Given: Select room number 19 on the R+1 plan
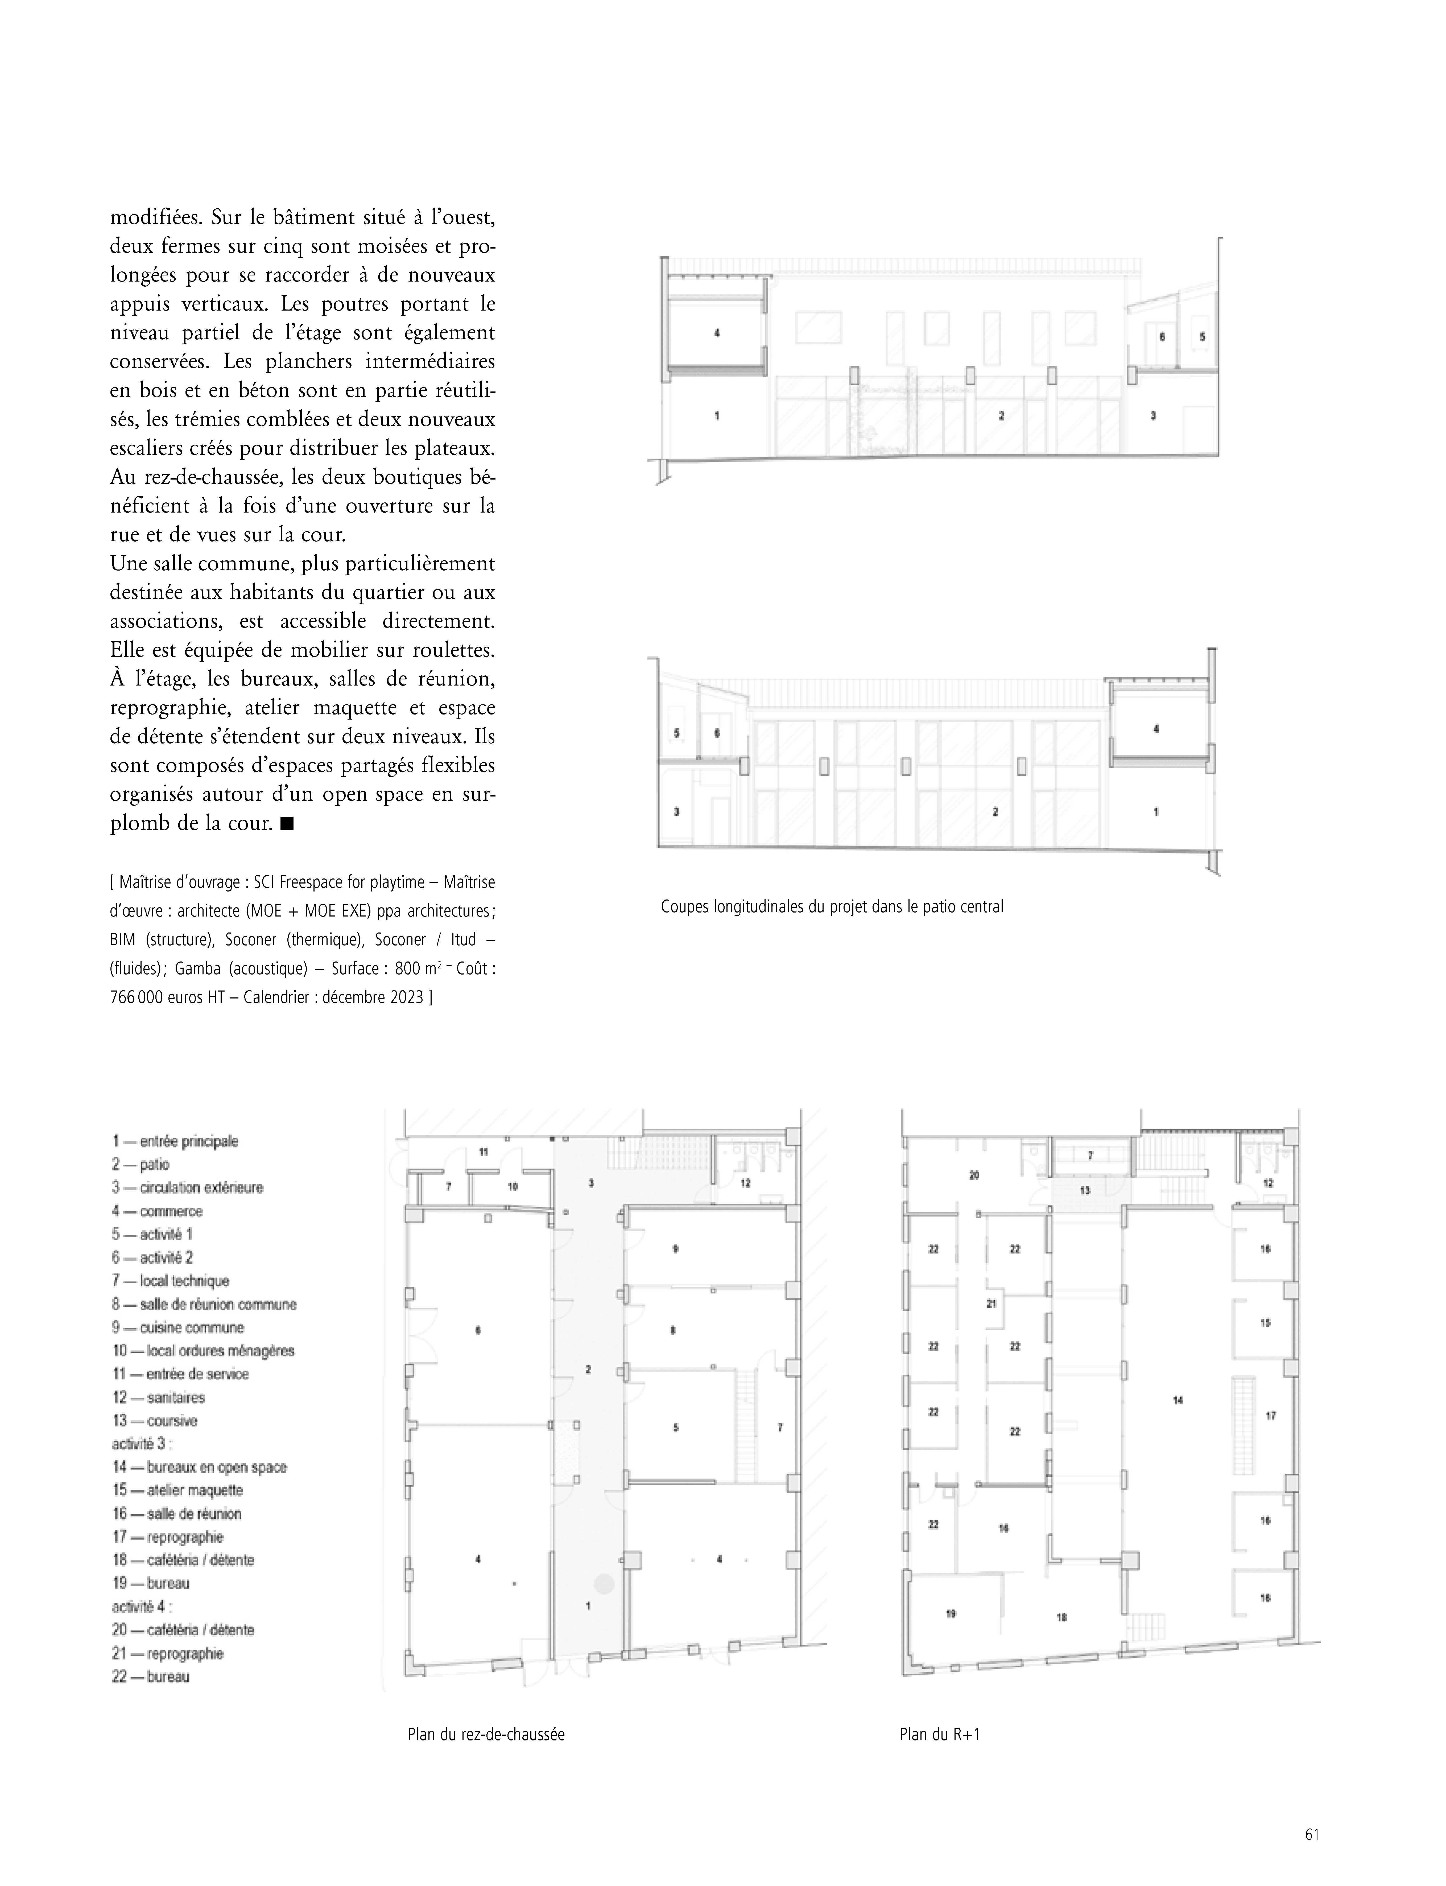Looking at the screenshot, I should [951, 1614].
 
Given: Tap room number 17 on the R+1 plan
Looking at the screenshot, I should [1270, 1415].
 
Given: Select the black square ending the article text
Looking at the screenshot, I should [287, 824].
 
